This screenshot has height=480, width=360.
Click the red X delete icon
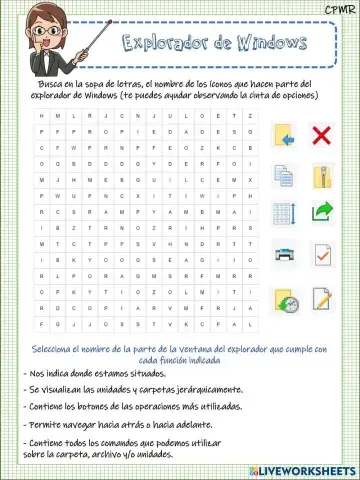pyautogui.click(x=321, y=136)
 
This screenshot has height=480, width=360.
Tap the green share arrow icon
pyautogui.click(x=322, y=211)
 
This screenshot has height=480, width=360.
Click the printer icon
pyautogui.click(x=285, y=253)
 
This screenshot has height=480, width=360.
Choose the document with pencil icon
pyautogui.click(x=321, y=298)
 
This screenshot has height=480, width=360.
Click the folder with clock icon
pyautogui.click(x=286, y=300)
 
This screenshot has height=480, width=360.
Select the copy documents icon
pyautogui.click(x=284, y=176)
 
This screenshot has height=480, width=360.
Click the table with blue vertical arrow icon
pyautogui.click(x=284, y=213)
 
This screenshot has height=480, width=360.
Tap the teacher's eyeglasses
pyautogui.click(x=45, y=31)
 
